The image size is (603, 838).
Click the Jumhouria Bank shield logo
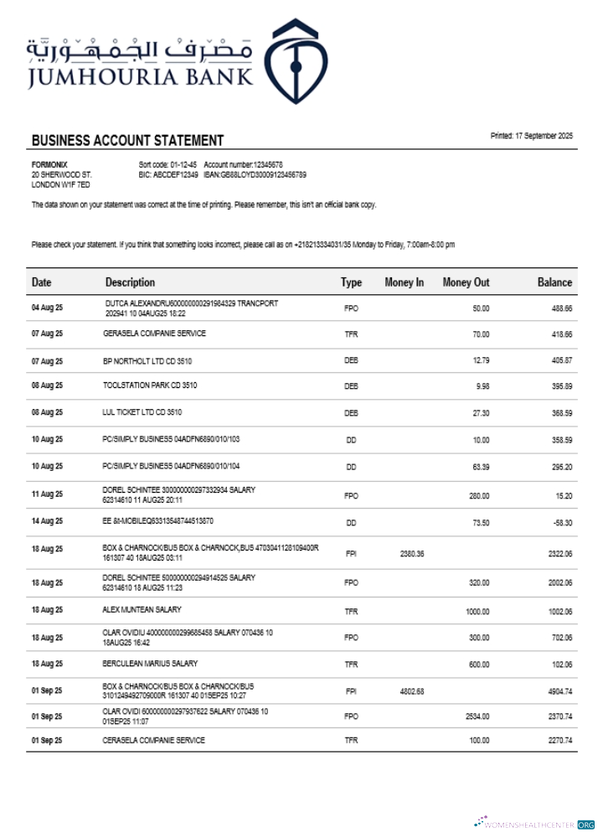[296, 60]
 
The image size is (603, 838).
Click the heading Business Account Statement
[127, 141]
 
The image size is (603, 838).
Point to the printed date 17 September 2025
[531, 136]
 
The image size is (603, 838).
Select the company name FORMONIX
[49, 164]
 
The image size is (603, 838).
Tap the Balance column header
[554, 282]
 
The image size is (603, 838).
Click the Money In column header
[404, 282]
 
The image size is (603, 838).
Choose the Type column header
[351, 282]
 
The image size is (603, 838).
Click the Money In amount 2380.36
[412, 554]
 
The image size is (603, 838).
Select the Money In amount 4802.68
[412, 691]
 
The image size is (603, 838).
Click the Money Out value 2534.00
[477, 717]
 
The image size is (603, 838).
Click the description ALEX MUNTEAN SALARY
[142, 609]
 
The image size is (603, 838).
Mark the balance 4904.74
[558, 692]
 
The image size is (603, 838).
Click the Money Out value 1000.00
[477, 612]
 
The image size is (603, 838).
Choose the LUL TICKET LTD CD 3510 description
[142, 412]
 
